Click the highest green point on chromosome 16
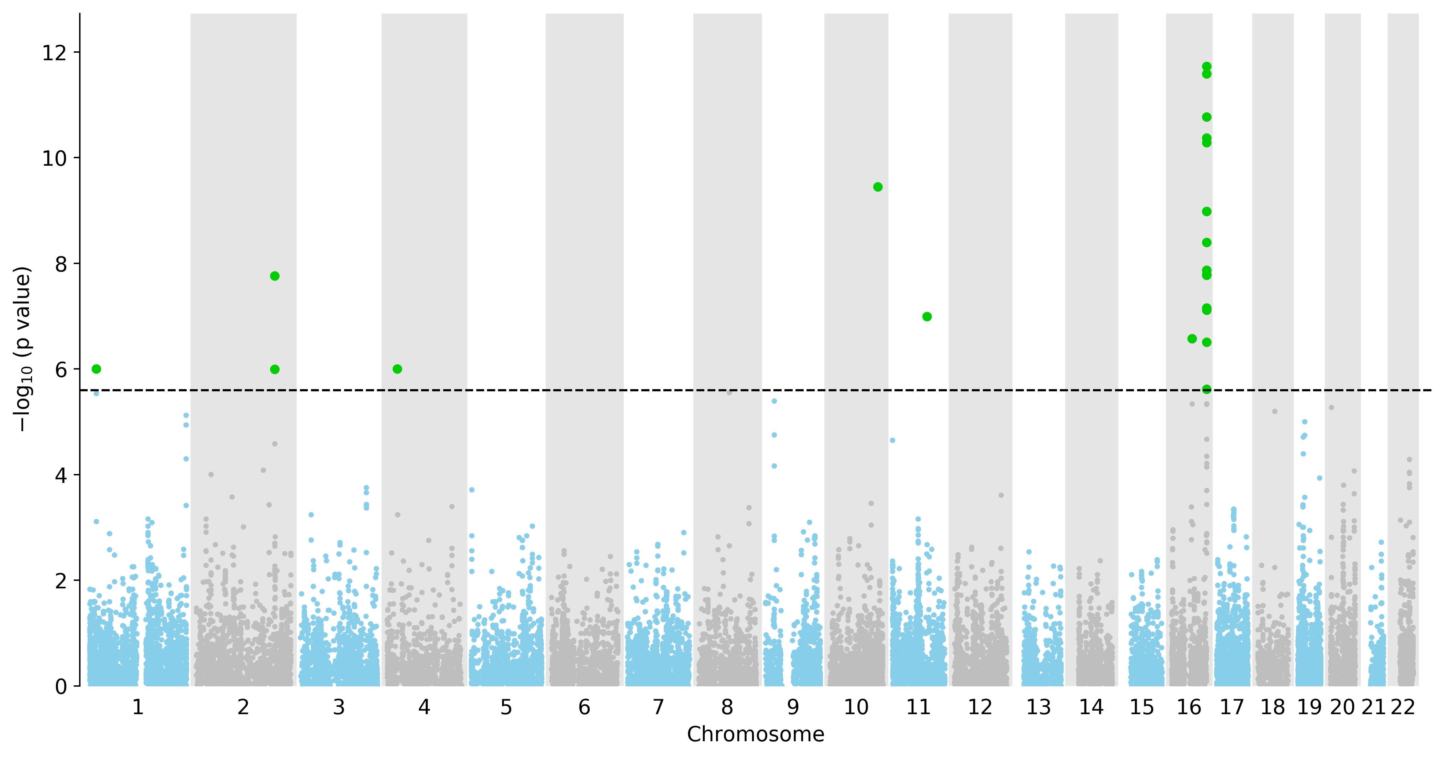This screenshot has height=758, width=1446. click(x=1206, y=67)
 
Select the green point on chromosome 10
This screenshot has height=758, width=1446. click(x=878, y=187)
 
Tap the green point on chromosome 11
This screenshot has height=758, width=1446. click(x=927, y=317)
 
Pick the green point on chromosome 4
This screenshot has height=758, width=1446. click(x=398, y=369)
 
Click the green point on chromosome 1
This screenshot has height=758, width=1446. click(x=97, y=369)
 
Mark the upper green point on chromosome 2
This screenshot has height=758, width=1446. click(x=275, y=276)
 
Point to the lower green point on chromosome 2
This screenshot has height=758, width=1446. click(x=275, y=370)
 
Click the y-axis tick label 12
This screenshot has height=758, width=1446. click(x=54, y=53)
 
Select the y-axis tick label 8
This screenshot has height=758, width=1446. click(x=61, y=264)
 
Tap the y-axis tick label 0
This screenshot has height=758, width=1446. click(x=61, y=687)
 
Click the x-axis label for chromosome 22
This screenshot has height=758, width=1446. click(x=1403, y=707)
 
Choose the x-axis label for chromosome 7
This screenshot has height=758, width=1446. click(x=658, y=707)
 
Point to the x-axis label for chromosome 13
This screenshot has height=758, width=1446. click(x=1038, y=707)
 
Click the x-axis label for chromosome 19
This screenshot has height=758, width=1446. click(x=1310, y=707)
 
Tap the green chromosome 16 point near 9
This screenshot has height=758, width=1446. click(x=1206, y=212)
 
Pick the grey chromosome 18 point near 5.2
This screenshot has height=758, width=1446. click(x=1274, y=412)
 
